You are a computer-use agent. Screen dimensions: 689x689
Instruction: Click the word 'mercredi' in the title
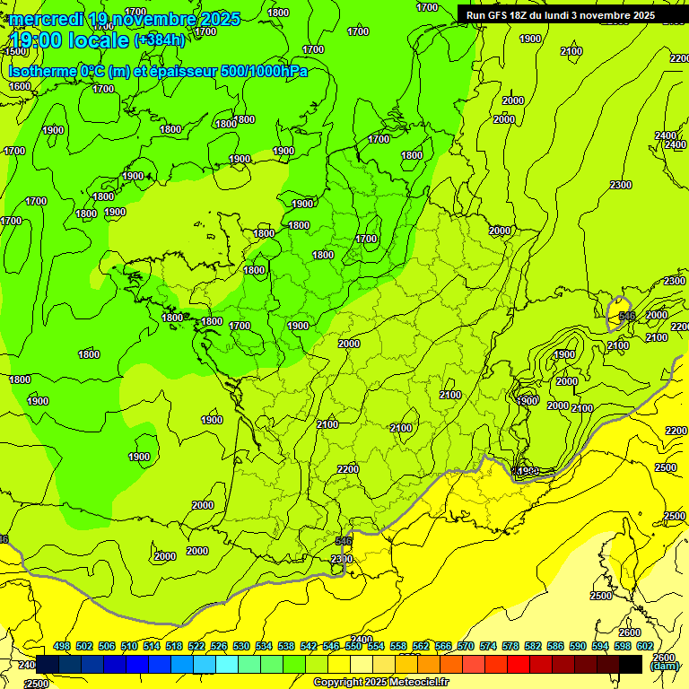(46, 19)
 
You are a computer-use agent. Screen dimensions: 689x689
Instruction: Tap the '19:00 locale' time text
(68, 40)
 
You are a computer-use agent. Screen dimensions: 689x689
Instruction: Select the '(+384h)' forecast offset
(159, 40)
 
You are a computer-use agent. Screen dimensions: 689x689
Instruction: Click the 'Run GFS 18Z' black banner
(560, 15)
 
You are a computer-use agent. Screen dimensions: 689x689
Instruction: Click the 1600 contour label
(20, 86)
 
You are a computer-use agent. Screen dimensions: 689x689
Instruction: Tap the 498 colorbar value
(62, 646)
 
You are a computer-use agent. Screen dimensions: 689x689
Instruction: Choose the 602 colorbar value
(644, 646)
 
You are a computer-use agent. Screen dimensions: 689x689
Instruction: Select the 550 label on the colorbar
(353, 646)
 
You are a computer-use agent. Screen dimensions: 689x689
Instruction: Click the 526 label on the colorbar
(219, 646)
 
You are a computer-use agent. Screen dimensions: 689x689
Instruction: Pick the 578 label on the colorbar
(510, 646)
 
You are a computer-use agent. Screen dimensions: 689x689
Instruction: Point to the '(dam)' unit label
(663, 667)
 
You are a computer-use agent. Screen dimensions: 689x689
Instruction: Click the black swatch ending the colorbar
(632, 664)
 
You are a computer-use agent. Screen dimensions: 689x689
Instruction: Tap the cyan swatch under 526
(226, 664)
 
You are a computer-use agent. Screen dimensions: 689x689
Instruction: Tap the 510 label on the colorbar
(129, 646)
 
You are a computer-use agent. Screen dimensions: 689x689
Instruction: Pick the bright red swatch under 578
(519, 664)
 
